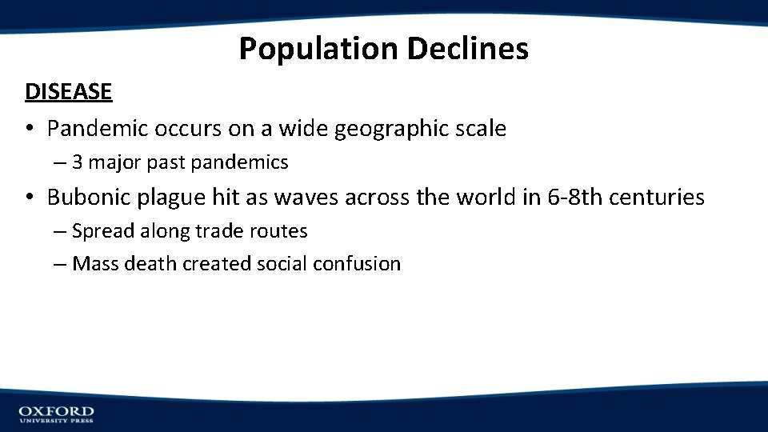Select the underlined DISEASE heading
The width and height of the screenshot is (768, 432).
(x=69, y=92)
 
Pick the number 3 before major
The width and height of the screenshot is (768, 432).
(x=78, y=162)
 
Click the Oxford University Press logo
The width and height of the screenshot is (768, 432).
(x=57, y=414)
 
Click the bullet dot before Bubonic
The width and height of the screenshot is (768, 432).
(x=30, y=197)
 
